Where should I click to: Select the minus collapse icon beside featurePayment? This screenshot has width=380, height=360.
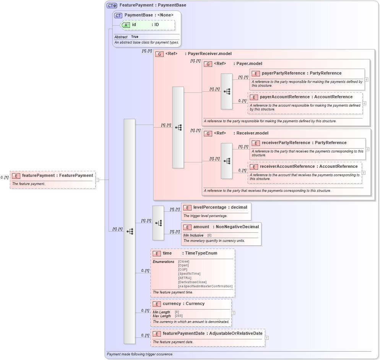(x=97, y=180)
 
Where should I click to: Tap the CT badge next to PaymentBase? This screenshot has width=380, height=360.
(x=119, y=15)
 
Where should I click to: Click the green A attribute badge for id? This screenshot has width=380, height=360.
(x=126, y=25)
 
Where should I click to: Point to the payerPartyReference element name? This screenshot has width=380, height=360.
(x=283, y=73)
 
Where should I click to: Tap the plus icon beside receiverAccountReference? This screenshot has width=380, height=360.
(x=364, y=173)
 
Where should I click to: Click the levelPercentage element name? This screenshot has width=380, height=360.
(x=210, y=207)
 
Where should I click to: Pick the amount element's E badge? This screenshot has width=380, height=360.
(x=187, y=227)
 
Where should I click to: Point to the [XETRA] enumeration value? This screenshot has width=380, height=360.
(x=185, y=278)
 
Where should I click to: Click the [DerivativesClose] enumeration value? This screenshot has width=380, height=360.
(x=192, y=282)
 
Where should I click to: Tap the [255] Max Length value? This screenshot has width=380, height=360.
(x=179, y=316)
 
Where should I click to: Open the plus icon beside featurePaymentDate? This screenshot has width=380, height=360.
(x=267, y=338)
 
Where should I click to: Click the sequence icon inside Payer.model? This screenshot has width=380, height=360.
(x=227, y=91)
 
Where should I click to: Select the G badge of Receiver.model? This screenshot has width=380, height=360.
(x=208, y=133)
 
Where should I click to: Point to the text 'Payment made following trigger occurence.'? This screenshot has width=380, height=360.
(x=140, y=354)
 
